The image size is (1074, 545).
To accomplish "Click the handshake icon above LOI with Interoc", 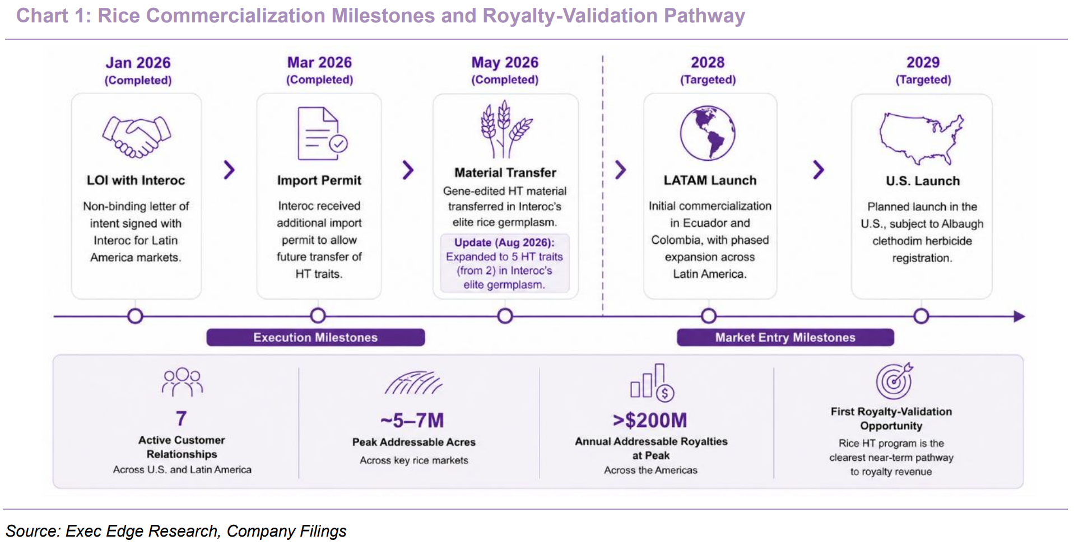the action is point(136,137).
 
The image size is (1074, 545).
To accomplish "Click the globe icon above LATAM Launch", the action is point(708,133).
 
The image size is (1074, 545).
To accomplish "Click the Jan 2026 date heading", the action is point(138,63).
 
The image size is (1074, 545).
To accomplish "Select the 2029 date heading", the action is point(923,62).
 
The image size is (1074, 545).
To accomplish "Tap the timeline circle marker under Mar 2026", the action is point(318,316).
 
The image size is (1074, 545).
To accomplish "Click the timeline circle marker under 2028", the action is point(708,316).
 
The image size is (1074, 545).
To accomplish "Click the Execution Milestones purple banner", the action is point(315,337).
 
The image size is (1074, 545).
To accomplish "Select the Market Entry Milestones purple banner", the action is point(785,337).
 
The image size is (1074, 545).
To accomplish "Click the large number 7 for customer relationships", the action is point(181,418).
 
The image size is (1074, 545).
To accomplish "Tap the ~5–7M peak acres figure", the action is point(412,420).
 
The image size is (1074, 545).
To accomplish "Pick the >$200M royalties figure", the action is point(650,420).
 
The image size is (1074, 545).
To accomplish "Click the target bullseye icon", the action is point(894,380).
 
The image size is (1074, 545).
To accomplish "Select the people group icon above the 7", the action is point(182,382).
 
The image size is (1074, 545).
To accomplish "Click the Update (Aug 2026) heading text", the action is point(504,243).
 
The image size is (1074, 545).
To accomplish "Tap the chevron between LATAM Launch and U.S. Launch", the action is point(819,170).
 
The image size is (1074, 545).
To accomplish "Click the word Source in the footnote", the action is point(31,531).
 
